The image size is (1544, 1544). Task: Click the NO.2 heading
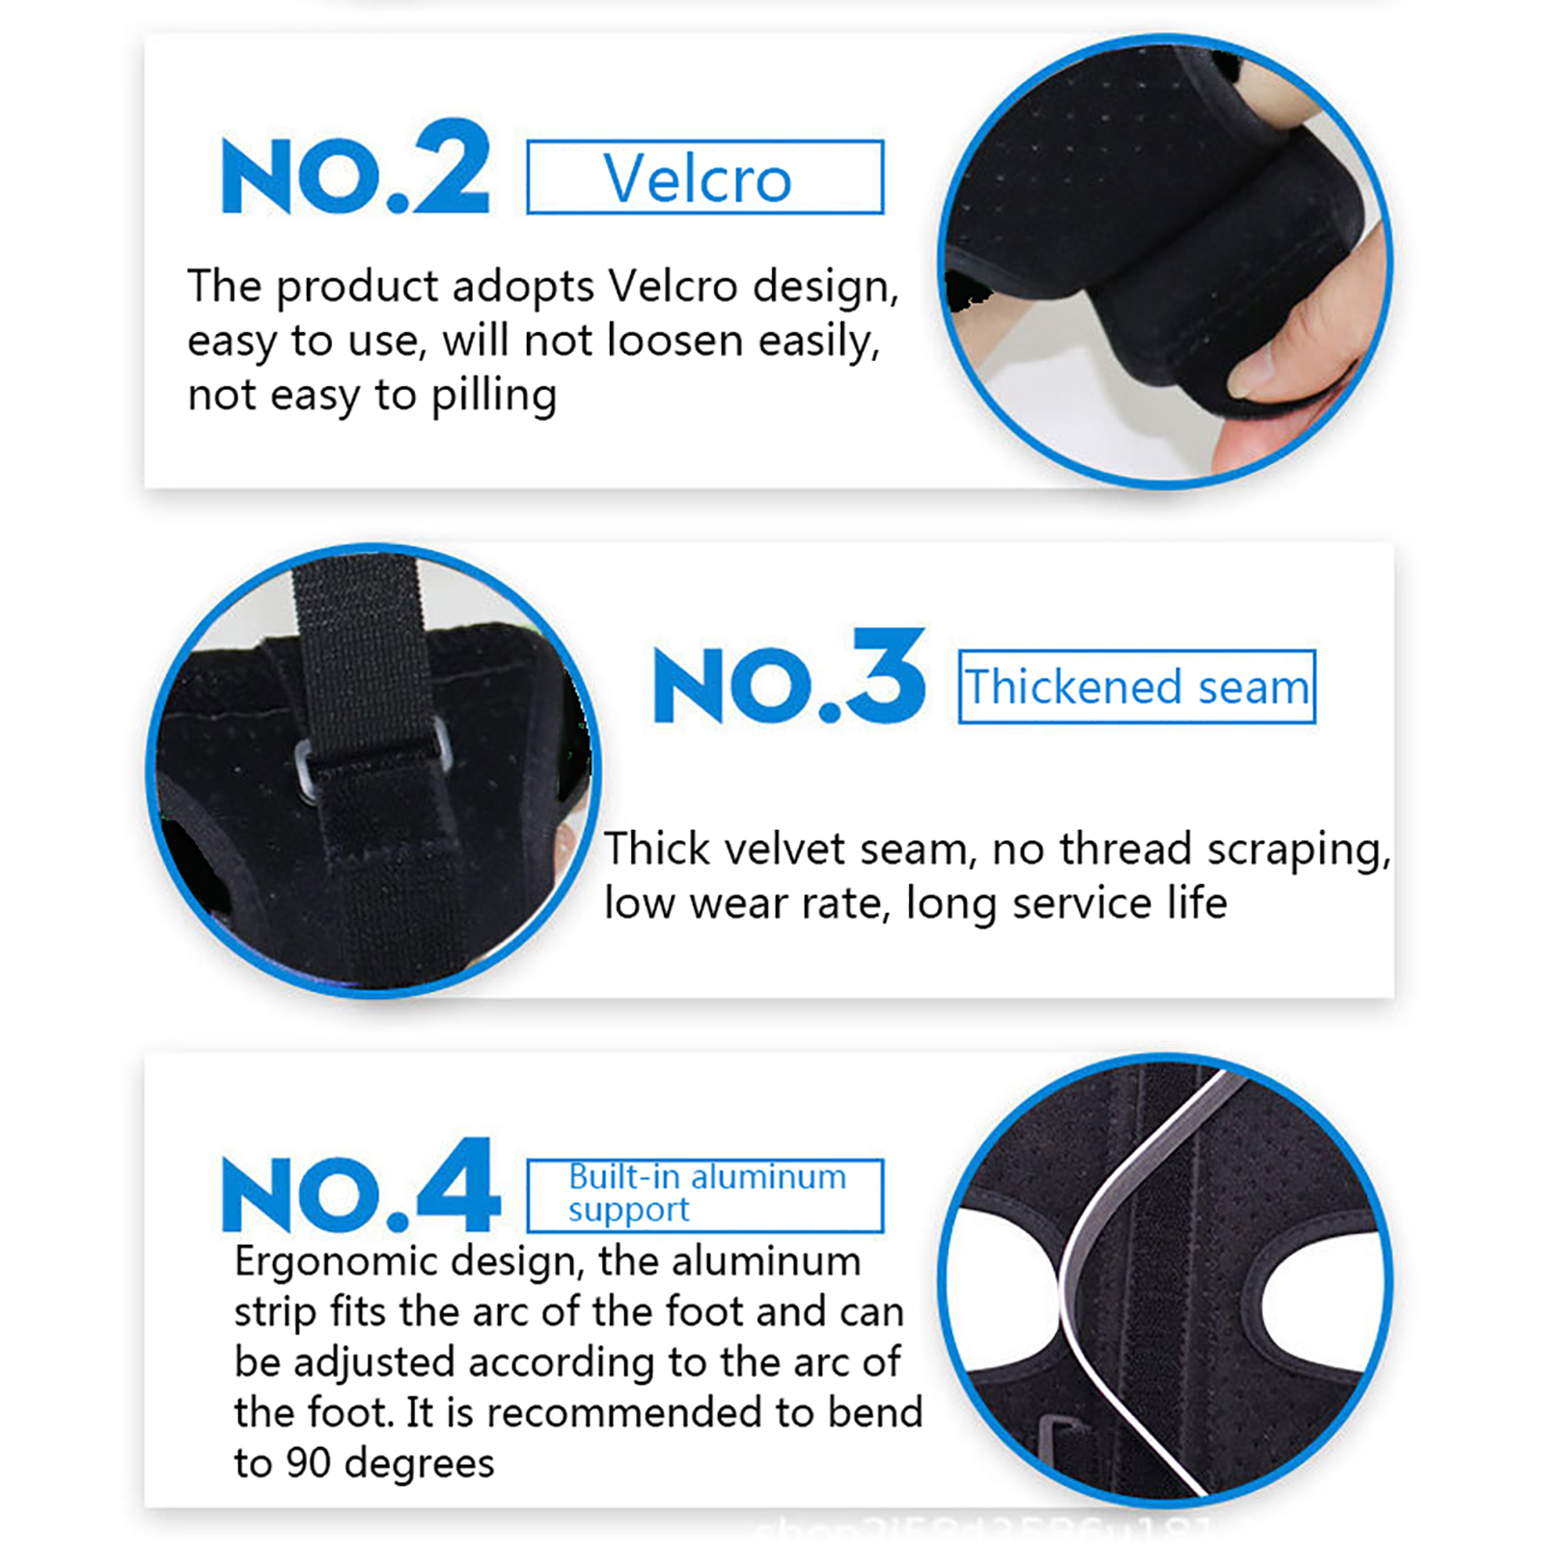point(356,167)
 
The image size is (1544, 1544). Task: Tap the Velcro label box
point(704,177)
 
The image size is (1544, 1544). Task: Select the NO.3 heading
point(789,676)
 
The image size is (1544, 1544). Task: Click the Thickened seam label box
point(1137,686)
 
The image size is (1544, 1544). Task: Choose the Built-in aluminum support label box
point(704,1196)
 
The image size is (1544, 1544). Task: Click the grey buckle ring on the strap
point(372,758)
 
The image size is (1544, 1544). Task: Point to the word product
point(358,288)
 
